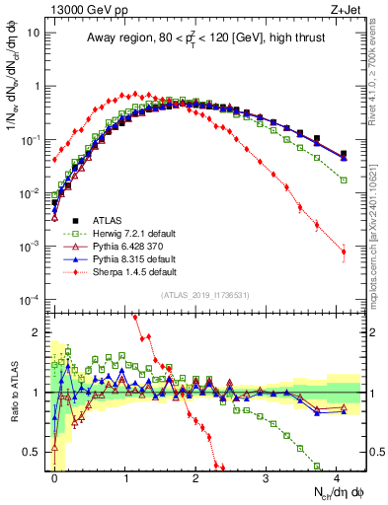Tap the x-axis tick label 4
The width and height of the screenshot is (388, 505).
click(338, 476)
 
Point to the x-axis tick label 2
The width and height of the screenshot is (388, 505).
click(196, 476)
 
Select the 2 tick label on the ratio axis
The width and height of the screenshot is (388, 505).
click(38, 332)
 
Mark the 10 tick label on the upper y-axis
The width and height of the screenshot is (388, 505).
click(34, 32)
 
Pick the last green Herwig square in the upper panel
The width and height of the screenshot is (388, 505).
click(344, 180)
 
